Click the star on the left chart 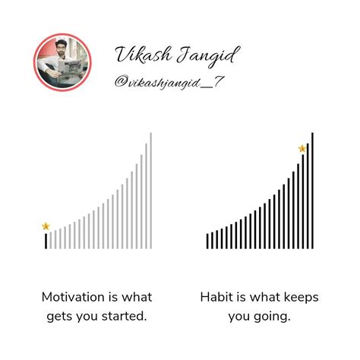pos(46,226)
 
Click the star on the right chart pos(302,149)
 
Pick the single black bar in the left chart pos(46,241)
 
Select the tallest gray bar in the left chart pos(150,191)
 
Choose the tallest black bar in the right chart pos(312,191)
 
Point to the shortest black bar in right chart pos(207,241)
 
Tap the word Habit pos(217,296)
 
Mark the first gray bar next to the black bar pos(51,239)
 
